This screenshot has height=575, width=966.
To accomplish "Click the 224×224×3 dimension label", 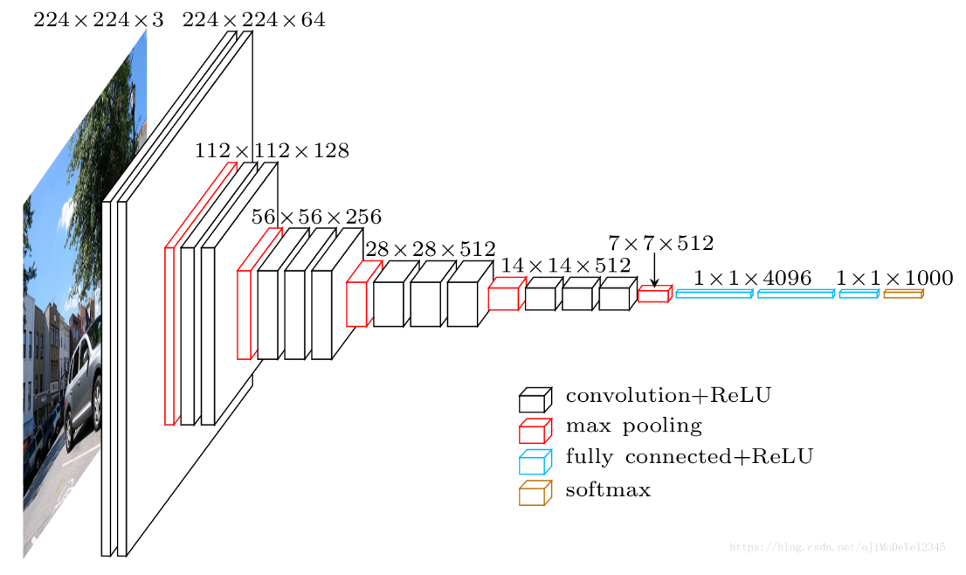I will click(x=98, y=20).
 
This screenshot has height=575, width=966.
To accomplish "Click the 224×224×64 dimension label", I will click(x=253, y=20).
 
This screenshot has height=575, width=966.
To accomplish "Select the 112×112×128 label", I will click(x=272, y=151).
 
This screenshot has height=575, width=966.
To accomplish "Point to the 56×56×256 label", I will click(x=316, y=217).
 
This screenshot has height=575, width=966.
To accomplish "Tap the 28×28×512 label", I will click(x=430, y=249).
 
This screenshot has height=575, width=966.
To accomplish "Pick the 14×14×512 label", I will click(x=565, y=265).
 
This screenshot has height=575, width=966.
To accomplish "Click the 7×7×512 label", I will click(x=660, y=243).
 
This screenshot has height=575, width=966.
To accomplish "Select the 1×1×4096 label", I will click(x=752, y=278).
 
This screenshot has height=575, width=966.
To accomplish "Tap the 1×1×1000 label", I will click(x=894, y=278).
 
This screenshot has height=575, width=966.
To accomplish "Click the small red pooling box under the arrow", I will click(x=654, y=294).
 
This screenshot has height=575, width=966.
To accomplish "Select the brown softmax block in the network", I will click(x=903, y=294).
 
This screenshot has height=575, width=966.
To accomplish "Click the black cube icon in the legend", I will click(x=535, y=400).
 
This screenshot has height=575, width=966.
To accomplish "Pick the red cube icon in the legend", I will click(x=535, y=431).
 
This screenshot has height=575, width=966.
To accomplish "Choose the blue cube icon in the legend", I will click(x=535, y=461).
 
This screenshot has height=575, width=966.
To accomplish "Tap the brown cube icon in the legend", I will click(x=535, y=494).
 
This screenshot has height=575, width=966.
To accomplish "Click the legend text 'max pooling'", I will click(x=633, y=426).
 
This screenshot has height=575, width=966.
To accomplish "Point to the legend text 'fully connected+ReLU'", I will click(x=689, y=457).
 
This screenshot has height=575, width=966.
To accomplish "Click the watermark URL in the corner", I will click(x=837, y=547).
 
